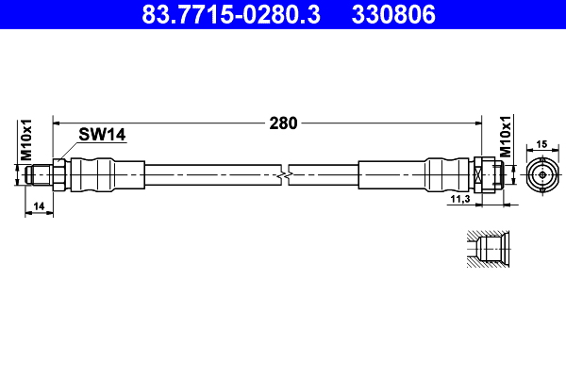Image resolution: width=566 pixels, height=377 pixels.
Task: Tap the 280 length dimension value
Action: click(283, 123)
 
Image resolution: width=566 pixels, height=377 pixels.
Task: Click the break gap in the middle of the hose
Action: click(286, 175)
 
